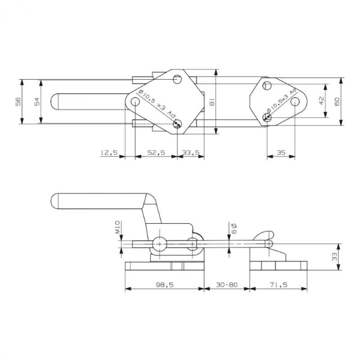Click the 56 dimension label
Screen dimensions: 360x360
pyautogui.click(x=18, y=101)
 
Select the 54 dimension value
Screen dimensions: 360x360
pyautogui.click(x=37, y=101)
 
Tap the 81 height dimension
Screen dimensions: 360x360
pyautogui.click(x=212, y=102)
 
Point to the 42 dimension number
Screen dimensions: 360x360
pyautogui.click(x=321, y=100)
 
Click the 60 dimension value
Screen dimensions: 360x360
pyautogui.click(x=337, y=101)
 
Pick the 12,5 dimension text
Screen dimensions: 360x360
pyautogui.click(x=109, y=152)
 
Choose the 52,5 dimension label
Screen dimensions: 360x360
pyautogui.click(x=156, y=152)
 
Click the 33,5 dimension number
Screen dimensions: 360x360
pyautogui.click(x=191, y=152)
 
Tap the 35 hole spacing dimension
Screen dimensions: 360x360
pyautogui.click(x=281, y=152)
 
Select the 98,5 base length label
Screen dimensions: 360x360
pyautogui.click(x=165, y=285)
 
